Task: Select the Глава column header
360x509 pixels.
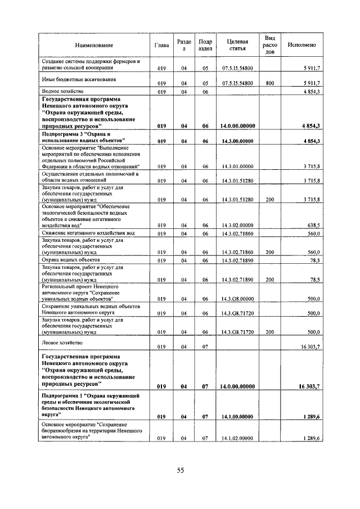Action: (161, 45)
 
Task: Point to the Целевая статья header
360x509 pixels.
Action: (238, 45)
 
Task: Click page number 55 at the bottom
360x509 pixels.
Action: (181, 470)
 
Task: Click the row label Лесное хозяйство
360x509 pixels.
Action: (62, 343)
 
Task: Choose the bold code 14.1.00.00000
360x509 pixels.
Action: (238, 417)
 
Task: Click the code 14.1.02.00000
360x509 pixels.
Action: (238, 438)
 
